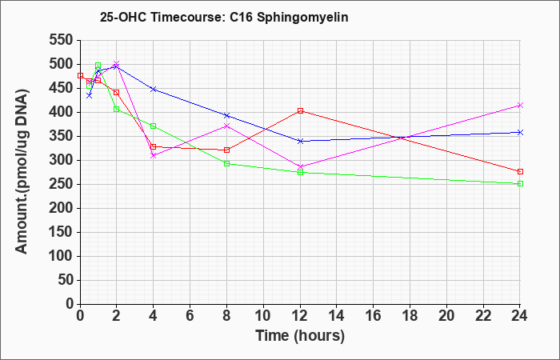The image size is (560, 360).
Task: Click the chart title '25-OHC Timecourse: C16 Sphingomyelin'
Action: tap(224, 17)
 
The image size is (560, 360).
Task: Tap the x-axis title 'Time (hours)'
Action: tap(300, 336)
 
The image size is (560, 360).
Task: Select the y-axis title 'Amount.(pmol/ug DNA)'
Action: tap(22, 172)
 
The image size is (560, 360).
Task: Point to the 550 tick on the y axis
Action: tap(61, 40)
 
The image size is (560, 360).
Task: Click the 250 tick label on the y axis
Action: tap(61, 184)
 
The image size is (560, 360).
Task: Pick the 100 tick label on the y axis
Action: tap(61, 256)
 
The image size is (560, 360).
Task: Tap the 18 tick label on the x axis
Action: tap(410, 316)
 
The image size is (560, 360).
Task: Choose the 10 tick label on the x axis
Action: tap(263, 316)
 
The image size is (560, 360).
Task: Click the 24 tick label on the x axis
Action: tap(520, 316)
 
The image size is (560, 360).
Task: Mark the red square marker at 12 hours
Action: tap(300, 110)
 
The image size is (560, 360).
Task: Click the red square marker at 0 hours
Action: tap(80, 76)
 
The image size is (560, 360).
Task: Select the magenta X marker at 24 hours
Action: tap(520, 106)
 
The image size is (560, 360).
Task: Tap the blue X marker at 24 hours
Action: tap(520, 132)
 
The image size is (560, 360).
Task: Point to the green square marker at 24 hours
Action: tap(520, 183)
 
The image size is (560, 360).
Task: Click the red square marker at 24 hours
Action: tap(520, 172)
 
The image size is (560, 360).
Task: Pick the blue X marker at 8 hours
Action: tap(226, 115)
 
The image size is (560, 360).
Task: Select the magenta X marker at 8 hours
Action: tap(226, 126)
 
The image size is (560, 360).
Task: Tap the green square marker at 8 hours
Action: tap(226, 163)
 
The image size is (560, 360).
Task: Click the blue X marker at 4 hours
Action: tap(154, 89)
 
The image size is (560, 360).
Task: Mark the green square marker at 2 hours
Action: tap(117, 110)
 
